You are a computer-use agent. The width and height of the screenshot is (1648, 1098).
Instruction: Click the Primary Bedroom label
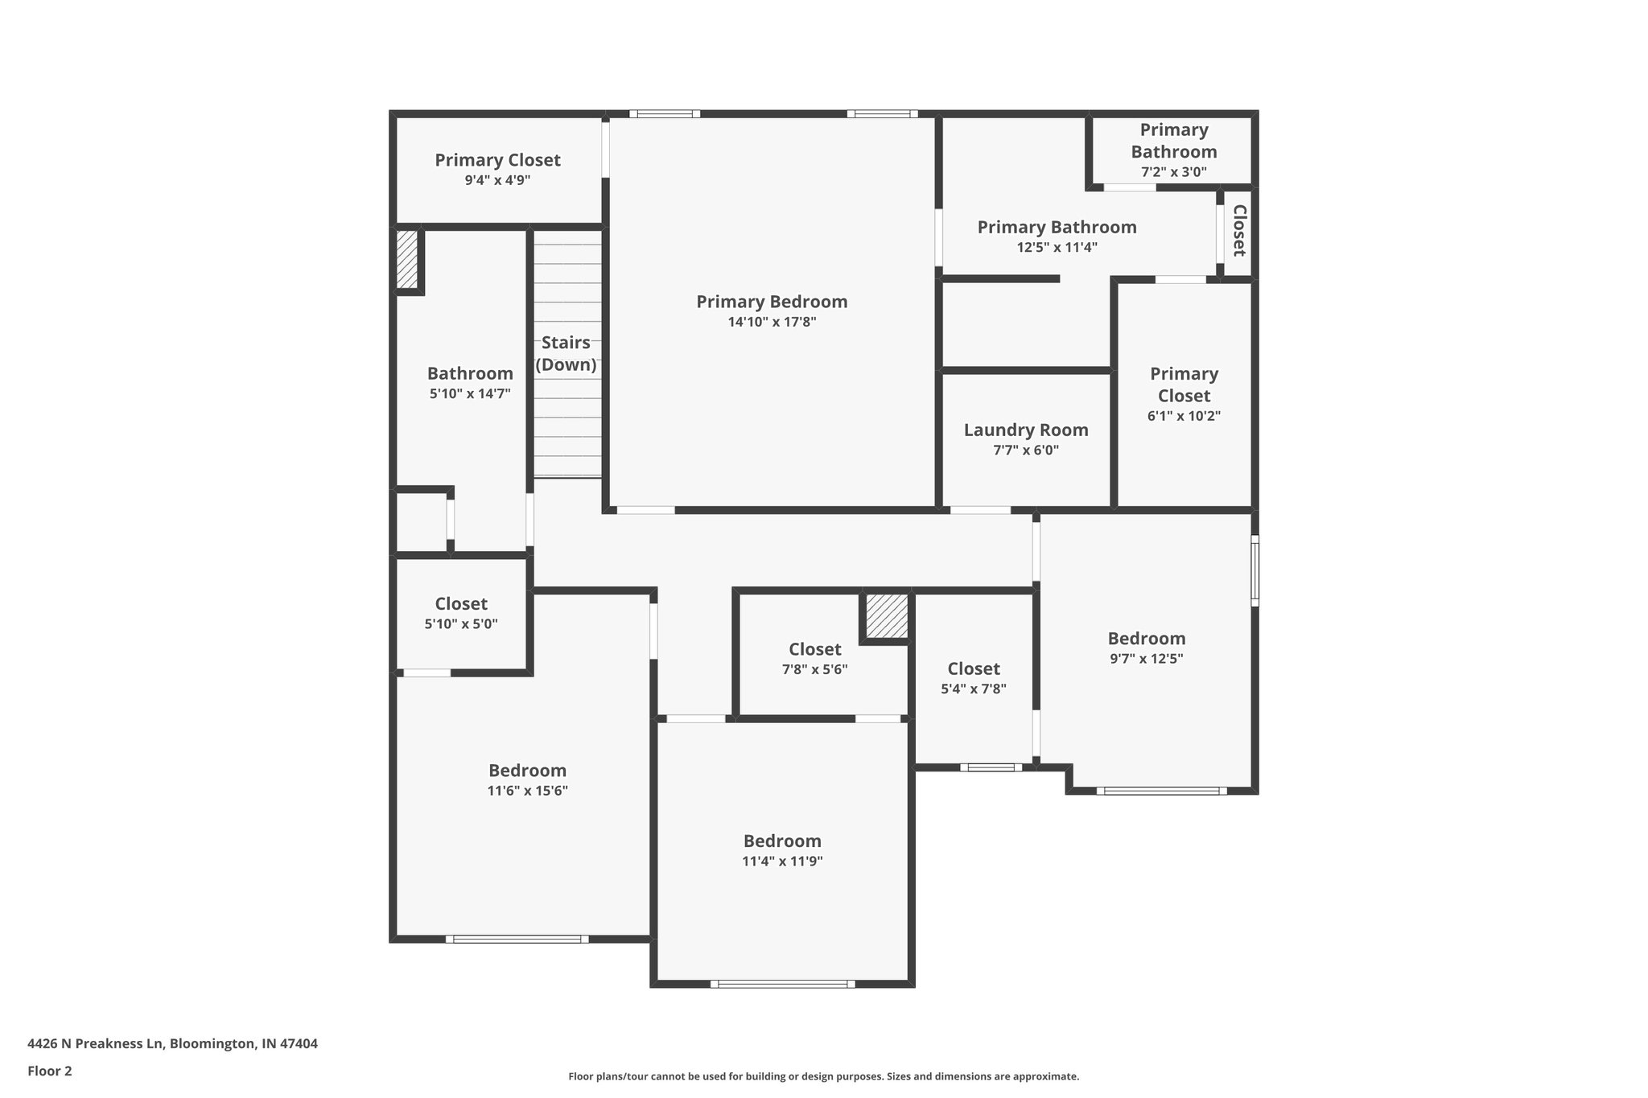pos(772,302)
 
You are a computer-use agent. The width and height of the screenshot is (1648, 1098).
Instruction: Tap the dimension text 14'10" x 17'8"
pos(772,323)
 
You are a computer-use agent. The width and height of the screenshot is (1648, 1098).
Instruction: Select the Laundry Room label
pos(1026,430)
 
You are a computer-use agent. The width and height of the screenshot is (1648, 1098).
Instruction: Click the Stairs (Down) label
pos(566,354)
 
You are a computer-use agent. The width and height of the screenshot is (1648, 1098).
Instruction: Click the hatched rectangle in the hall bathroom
pos(407,260)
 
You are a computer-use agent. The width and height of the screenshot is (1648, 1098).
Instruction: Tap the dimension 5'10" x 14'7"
pos(470,394)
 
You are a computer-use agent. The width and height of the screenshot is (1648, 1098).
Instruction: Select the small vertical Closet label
pos(1239,231)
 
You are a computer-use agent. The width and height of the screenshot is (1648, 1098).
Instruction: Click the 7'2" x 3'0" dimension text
pos(1173,172)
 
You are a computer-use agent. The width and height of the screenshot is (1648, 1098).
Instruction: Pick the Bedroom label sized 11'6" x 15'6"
pos(527,771)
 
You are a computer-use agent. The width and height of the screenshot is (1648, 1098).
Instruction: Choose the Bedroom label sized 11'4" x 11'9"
pos(782,841)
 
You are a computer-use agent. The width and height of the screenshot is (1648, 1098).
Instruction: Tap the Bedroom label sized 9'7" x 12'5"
pos(1146,639)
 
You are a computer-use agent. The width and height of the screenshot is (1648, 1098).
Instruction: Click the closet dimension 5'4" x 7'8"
pos(974,689)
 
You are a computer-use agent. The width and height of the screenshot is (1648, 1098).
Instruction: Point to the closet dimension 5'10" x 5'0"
pos(461,624)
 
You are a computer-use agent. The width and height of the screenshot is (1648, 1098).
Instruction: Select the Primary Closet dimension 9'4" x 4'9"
pos(497,180)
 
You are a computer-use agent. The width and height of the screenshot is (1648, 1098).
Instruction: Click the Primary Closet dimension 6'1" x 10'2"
pos(1184,417)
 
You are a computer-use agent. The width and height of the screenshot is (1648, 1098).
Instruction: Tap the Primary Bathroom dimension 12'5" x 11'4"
pos(1057,248)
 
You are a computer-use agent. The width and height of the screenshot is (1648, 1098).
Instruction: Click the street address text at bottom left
pos(172,1044)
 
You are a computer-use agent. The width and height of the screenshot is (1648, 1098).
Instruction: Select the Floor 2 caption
pos(50,1071)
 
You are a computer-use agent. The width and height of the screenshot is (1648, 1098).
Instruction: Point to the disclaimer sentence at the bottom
pos(823,1076)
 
